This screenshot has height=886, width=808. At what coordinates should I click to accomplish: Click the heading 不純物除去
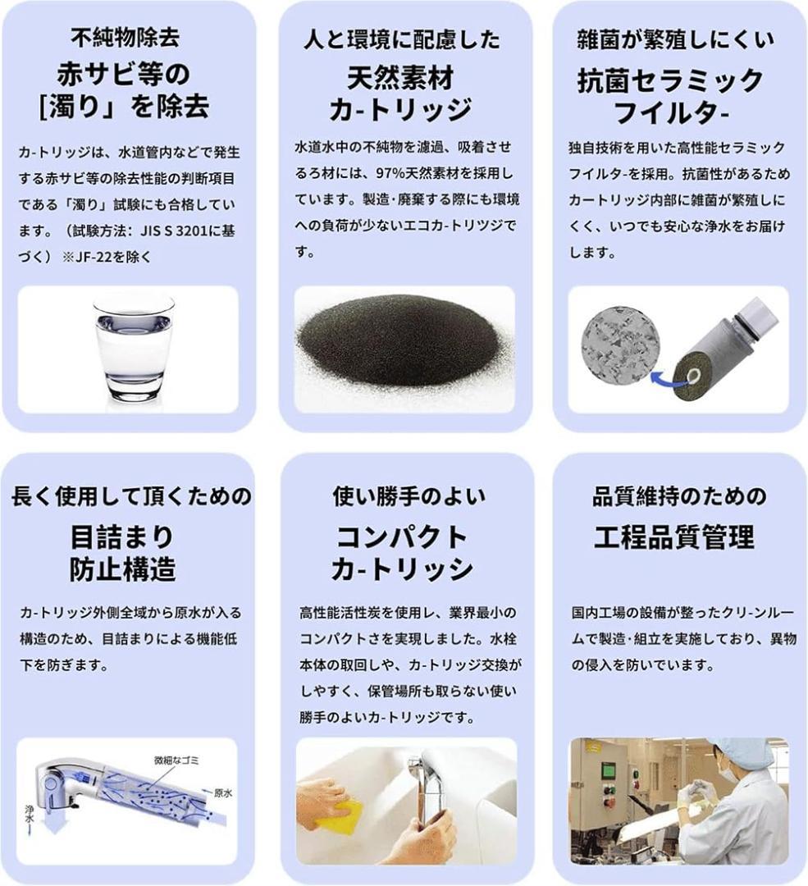point(125,38)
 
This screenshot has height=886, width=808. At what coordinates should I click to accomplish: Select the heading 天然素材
point(400,78)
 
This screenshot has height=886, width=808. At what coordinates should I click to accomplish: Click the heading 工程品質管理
point(674,537)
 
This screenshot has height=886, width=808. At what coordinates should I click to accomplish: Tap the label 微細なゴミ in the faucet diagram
point(177,760)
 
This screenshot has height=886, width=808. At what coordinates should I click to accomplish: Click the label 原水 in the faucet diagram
point(223,792)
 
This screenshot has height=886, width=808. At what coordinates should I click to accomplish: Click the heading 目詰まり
point(122,537)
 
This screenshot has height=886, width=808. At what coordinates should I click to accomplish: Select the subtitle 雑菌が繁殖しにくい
point(674,39)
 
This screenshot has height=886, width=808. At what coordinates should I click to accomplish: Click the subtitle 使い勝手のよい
point(409,496)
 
